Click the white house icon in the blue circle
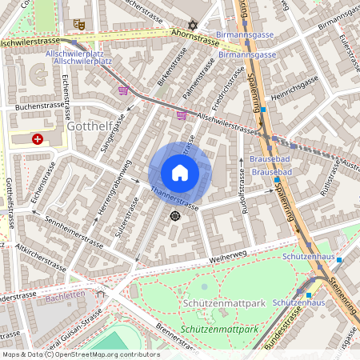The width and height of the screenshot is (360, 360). pyautogui.click(x=180, y=173)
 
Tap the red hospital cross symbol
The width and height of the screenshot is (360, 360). pyautogui.click(x=37, y=138)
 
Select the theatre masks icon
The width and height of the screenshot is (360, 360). pyautogui.click(x=78, y=24)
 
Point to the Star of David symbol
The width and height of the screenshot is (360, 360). pyautogui.click(x=191, y=25)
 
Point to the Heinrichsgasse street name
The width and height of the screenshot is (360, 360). pyautogui.click(x=294, y=90)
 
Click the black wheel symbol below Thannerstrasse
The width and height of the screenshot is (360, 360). pyautogui.click(x=175, y=215)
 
